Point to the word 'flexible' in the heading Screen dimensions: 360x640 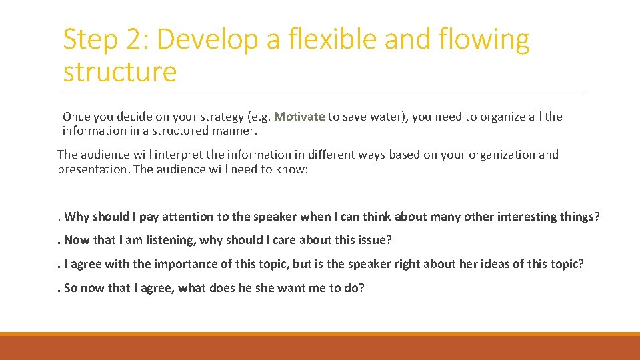[x=339, y=39]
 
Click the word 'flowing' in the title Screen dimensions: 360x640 [x=485, y=41]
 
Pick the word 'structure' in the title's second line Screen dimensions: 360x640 [x=120, y=72]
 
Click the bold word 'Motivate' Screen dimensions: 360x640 [x=299, y=117]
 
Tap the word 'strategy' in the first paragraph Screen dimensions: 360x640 [x=219, y=117]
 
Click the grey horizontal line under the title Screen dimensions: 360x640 [x=324, y=91]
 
